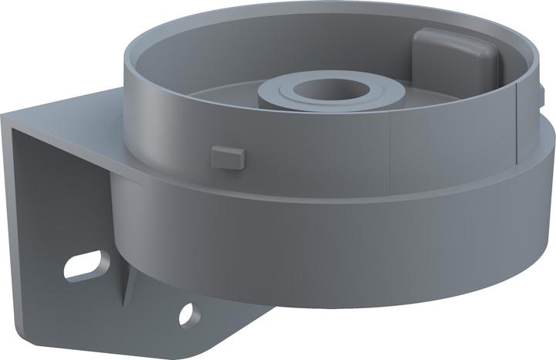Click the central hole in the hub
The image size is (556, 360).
click(331, 87)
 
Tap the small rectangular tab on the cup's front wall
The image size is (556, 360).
click(227, 156)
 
